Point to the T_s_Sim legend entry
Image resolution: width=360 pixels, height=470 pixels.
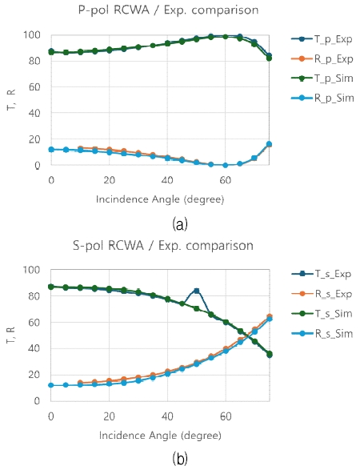coord(324,330)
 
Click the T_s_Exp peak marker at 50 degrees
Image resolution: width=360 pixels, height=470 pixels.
coord(197,291)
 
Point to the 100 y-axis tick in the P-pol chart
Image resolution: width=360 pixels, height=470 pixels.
coord(34,34)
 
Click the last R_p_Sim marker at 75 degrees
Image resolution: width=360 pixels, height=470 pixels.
coord(269,144)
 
